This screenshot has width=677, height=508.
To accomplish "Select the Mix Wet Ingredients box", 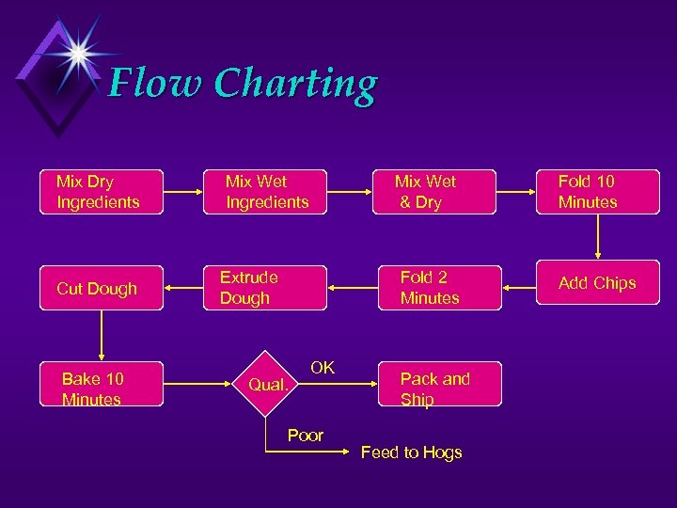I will point(266,191).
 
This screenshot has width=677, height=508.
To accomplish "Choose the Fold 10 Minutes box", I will point(595,191).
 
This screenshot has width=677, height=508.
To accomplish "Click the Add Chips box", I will point(595,285).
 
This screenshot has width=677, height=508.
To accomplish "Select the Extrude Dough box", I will point(266,287).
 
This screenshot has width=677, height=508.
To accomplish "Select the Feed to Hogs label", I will point(412,452).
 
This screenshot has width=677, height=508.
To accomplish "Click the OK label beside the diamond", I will point(323,368).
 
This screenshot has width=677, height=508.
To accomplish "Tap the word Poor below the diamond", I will point(306,436).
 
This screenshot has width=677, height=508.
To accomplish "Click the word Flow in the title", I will point(153,85).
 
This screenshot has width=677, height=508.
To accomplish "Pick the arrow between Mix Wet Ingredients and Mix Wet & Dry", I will point(348,192).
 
